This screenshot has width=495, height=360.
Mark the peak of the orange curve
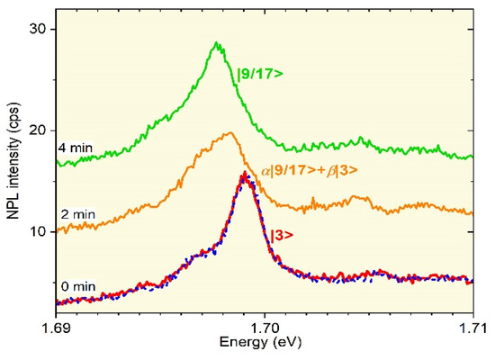click(x=230, y=133)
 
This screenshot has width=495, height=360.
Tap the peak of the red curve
click(x=244, y=174)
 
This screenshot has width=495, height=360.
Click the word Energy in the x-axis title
click(x=250, y=344)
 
